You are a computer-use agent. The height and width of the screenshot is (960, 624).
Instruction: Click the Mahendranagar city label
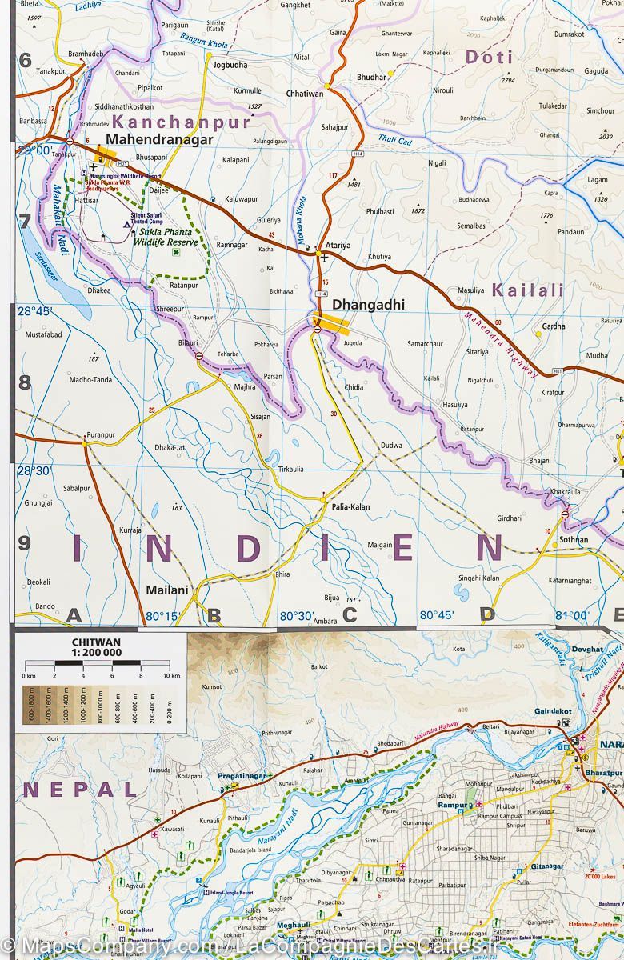point(159,139)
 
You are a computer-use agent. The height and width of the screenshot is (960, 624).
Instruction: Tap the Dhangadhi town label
point(368,305)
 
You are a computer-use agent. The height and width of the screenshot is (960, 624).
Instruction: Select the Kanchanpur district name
point(182,122)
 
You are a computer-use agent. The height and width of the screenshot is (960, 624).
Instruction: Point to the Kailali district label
point(528,290)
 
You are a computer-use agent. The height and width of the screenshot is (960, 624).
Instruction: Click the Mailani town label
point(167,590)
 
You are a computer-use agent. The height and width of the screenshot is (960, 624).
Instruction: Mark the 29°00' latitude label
point(34,150)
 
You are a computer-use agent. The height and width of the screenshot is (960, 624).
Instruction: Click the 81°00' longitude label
point(572,616)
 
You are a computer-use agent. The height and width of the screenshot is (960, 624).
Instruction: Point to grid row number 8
point(25,382)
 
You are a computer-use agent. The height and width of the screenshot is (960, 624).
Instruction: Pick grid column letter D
point(487,614)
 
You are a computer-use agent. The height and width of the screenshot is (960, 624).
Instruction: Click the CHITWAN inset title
point(97,641)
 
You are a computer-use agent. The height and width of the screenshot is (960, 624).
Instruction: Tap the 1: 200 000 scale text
point(97,653)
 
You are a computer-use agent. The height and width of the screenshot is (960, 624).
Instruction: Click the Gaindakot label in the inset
point(553,711)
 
